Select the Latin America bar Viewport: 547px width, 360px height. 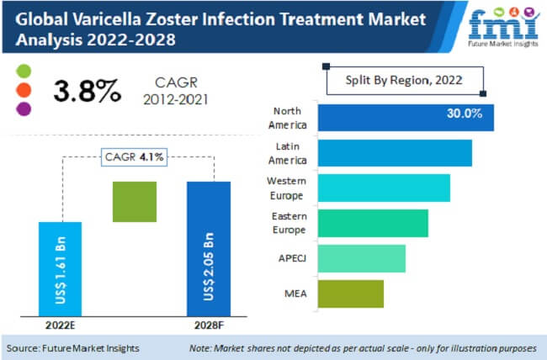pos(395,153)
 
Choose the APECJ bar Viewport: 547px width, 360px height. pos(362,258)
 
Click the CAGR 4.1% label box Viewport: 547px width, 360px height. pos(134,156)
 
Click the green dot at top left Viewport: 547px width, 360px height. pos(23,71)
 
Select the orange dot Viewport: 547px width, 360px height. pos(23,89)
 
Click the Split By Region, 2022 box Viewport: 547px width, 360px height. pos(405,81)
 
